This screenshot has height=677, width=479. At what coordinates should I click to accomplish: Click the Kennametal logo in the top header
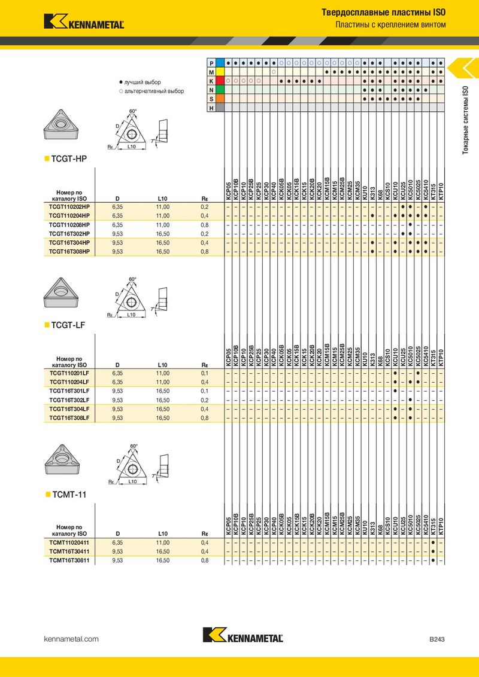click(84, 22)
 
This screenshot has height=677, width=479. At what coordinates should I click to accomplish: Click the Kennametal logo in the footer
click(243, 635)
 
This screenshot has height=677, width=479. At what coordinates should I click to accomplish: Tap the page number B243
click(436, 639)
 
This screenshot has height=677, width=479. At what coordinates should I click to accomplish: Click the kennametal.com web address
click(71, 639)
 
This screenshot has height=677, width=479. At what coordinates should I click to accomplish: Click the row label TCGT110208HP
click(69, 225)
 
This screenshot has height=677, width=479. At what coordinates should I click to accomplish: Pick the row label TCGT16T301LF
click(69, 391)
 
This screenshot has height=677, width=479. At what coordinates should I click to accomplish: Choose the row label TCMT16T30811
click(69, 560)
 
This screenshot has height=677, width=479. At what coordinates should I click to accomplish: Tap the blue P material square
click(220, 63)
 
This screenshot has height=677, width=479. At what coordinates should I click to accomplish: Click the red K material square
click(220, 81)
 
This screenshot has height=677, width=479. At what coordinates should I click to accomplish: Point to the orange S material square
click(220, 99)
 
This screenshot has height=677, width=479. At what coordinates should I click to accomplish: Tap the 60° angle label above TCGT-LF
click(133, 279)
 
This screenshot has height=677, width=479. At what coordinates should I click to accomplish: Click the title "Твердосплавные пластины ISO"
click(383, 13)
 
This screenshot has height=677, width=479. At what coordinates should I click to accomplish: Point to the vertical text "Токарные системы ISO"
click(465, 120)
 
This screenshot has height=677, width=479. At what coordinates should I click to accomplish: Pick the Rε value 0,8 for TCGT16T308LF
click(205, 418)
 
